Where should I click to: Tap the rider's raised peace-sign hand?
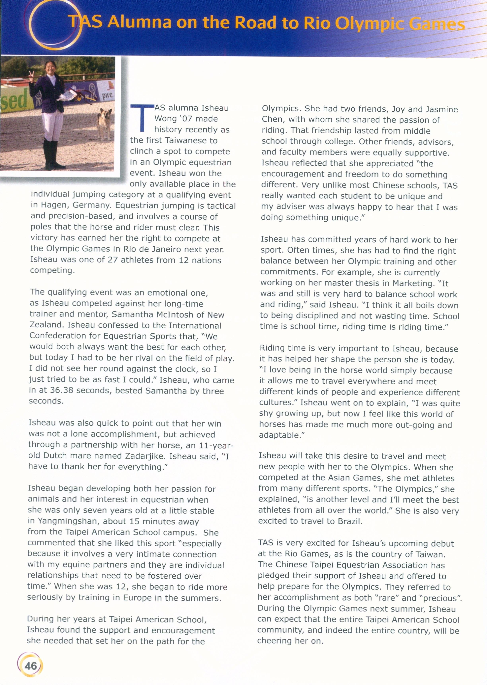[31, 76]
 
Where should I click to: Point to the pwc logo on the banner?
[107, 96]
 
